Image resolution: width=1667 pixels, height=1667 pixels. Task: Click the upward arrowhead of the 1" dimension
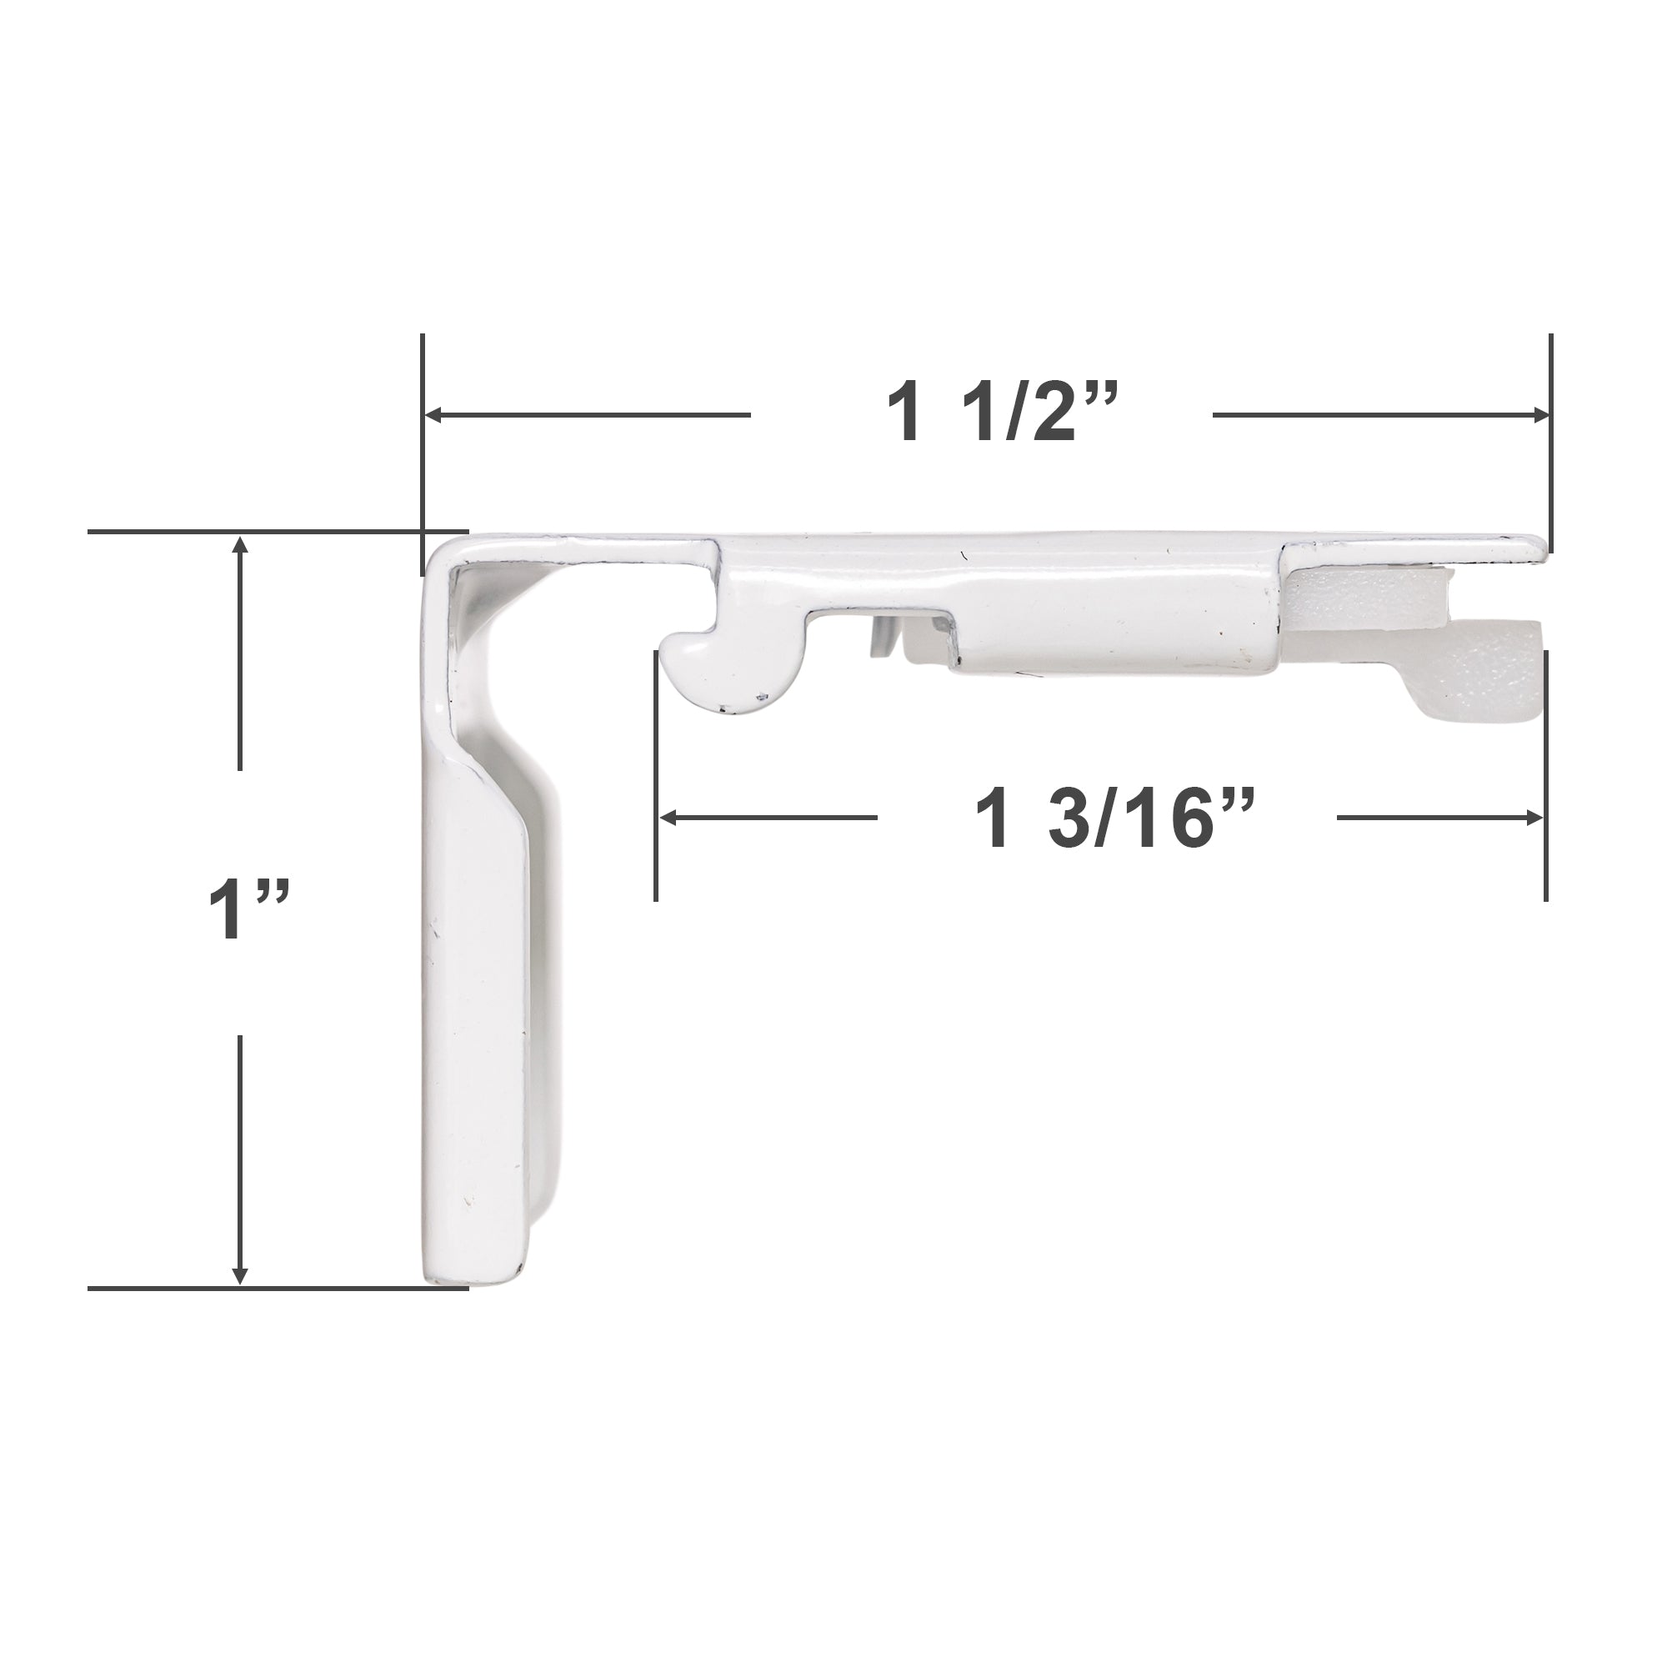click(x=241, y=544)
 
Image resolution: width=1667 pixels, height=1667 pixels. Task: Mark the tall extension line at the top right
click(x=1550, y=440)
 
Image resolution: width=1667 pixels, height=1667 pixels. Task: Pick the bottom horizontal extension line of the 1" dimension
click(x=276, y=1289)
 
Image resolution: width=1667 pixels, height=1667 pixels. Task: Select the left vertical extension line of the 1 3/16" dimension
click(x=656, y=777)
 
